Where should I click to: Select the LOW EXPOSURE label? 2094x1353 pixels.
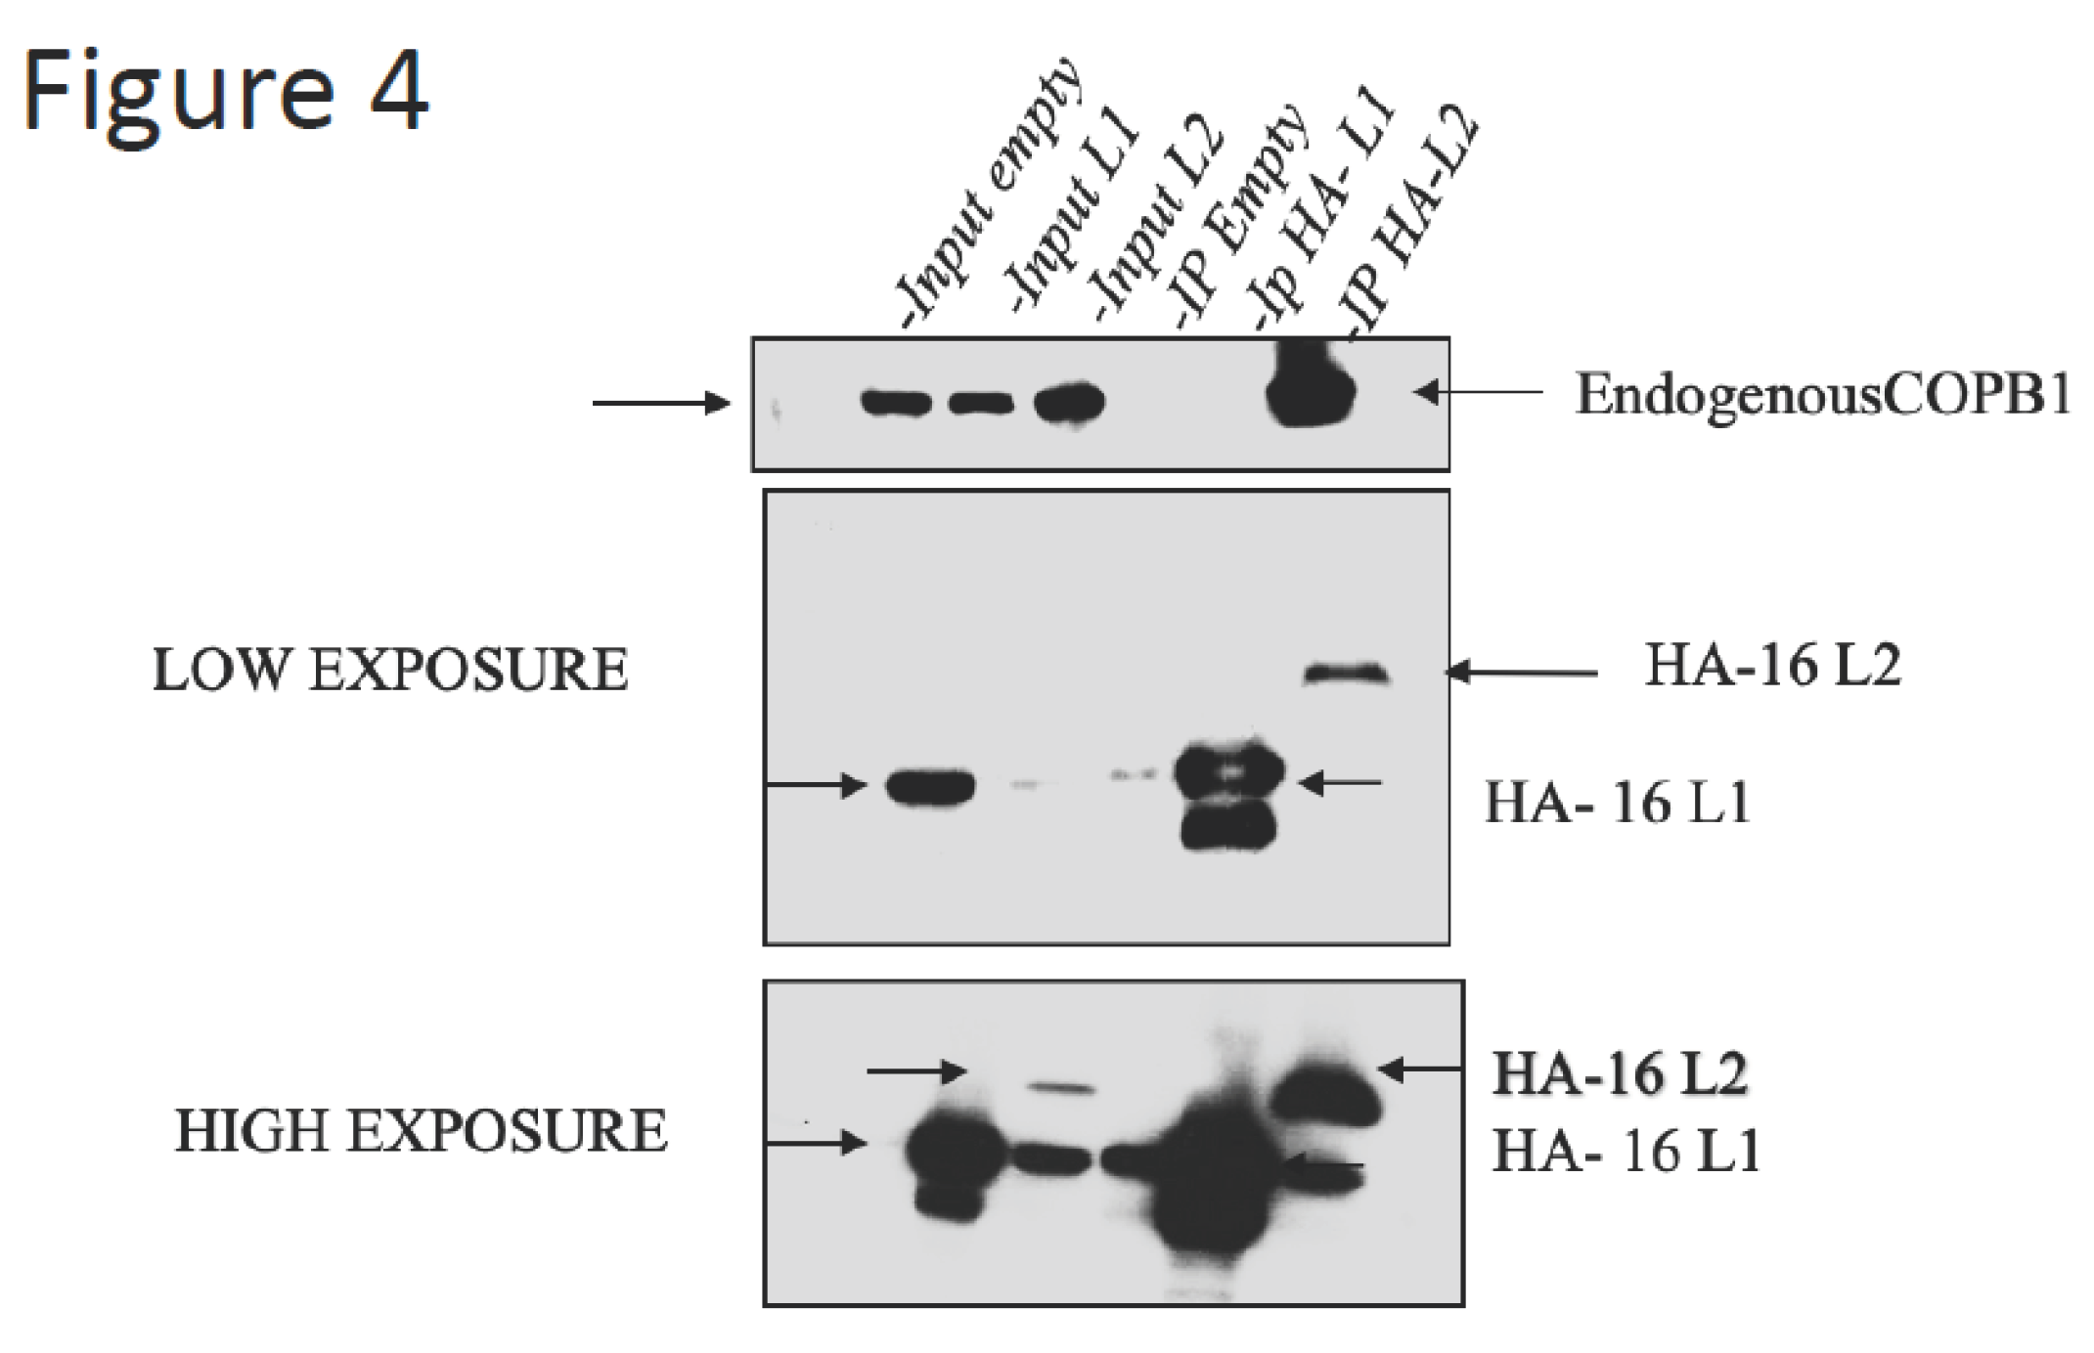[390, 671]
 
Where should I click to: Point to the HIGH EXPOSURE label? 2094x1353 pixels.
[421, 1132]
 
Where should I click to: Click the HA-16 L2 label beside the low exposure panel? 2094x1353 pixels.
[1773, 667]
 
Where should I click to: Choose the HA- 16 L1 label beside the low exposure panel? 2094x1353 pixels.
[1618, 804]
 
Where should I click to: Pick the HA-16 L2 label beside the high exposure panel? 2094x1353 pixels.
[1620, 1073]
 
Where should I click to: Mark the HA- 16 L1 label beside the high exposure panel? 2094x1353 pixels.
[1626, 1152]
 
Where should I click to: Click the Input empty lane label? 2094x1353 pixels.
[988, 196]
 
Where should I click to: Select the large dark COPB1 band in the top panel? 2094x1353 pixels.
[1311, 391]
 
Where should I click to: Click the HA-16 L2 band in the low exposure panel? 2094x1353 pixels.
[1347, 674]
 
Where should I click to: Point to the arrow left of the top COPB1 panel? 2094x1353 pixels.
[661, 403]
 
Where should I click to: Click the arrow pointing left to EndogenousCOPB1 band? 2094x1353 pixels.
[1477, 392]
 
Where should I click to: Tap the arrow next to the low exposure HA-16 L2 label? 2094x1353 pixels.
[1521, 672]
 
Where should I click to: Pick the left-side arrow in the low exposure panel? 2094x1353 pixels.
[816, 784]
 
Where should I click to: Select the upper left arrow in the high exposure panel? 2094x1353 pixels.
[916, 1071]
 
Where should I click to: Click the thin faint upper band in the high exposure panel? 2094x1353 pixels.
[1060, 1087]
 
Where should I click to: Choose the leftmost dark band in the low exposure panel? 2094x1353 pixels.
[930, 787]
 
